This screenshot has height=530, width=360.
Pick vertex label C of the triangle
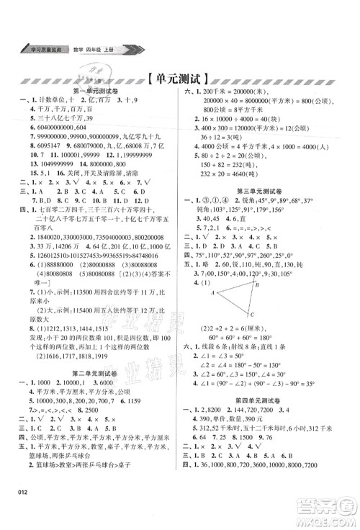[253, 315]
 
